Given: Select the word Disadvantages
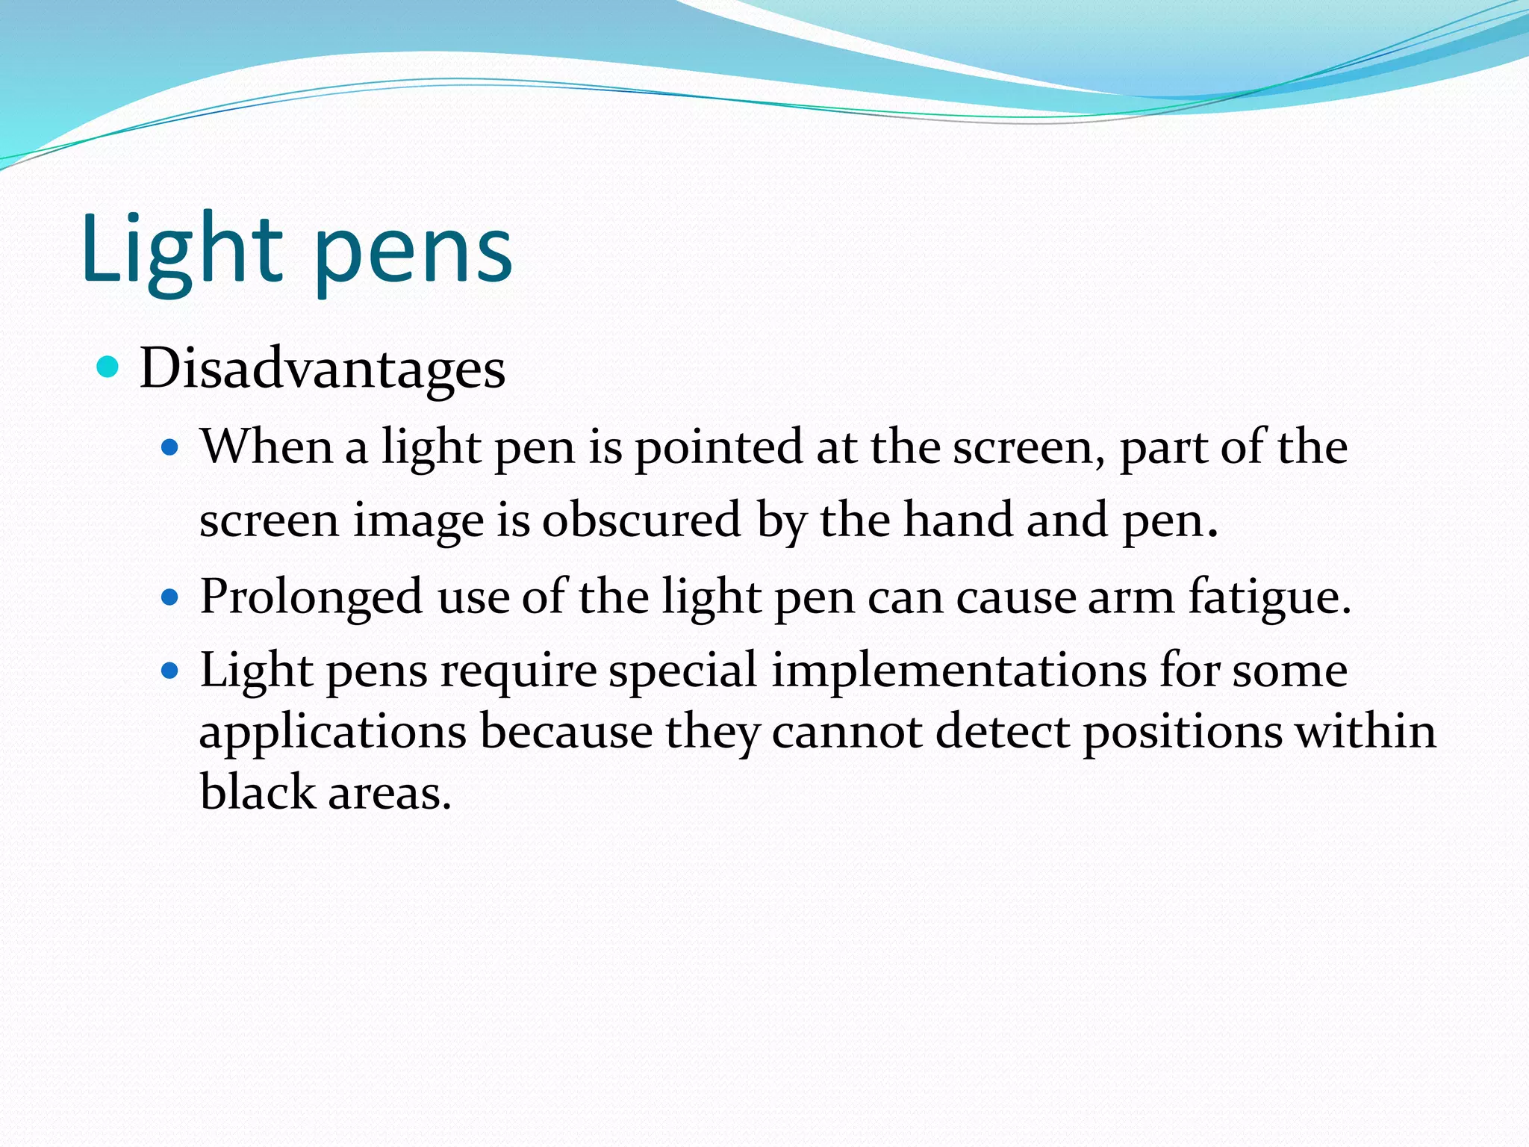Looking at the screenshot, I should coord(323,369).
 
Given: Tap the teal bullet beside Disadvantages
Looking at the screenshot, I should coord(109,367).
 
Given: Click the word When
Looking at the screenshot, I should coord(267,447).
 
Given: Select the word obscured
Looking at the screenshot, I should coord(641,520).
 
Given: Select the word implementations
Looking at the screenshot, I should coord(959,671).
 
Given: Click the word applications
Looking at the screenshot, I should coord(333,733).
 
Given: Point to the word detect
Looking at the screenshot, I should coord(1003,731).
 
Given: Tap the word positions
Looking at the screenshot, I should coord(1182,733).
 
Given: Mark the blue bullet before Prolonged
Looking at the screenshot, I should coord(171,597).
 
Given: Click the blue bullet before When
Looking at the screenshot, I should coord(171,448).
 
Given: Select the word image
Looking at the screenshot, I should coord(418,521).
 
